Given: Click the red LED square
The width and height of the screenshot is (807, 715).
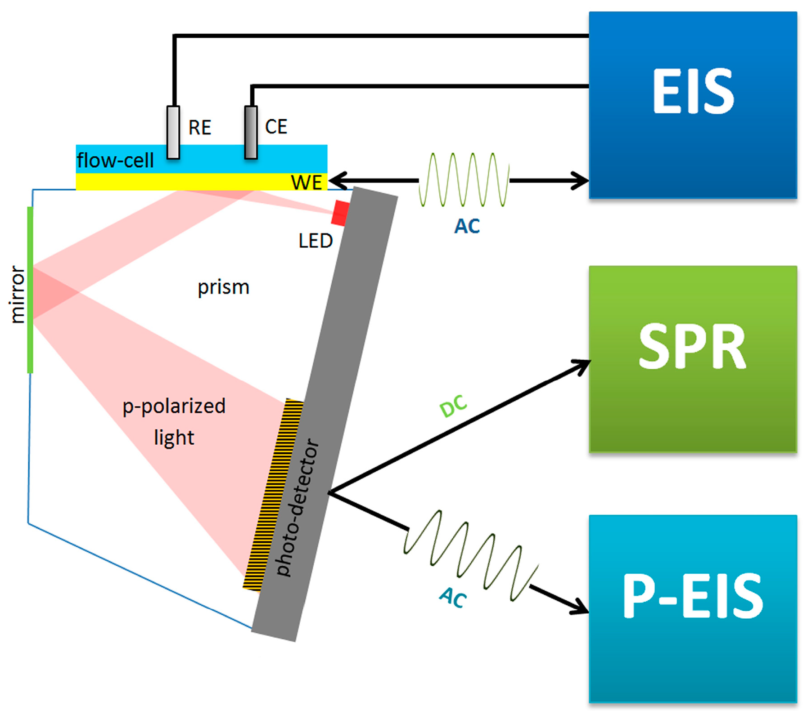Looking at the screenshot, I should (340, 213).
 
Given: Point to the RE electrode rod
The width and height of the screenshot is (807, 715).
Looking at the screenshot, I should (173, 132).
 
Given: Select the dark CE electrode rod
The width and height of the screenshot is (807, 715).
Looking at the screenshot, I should (251, 132).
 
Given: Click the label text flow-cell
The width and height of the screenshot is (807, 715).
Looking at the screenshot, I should (115, 160).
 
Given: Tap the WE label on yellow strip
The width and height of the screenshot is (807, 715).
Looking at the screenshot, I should (307, 182).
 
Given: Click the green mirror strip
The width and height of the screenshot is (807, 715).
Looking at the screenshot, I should (30, 290).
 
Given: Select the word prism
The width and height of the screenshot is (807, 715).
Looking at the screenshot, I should (223, 287).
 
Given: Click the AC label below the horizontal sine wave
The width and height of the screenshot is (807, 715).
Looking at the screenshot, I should (467, 226).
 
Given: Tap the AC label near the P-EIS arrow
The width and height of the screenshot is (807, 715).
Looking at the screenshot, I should (453, 598).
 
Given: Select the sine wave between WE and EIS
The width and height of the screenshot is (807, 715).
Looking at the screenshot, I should (464, 180).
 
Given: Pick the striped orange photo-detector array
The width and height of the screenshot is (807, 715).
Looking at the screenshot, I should (273, 495).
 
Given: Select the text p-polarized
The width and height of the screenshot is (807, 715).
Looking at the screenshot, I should (174, 407).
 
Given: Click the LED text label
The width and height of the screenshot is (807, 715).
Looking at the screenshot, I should (315, 241).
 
